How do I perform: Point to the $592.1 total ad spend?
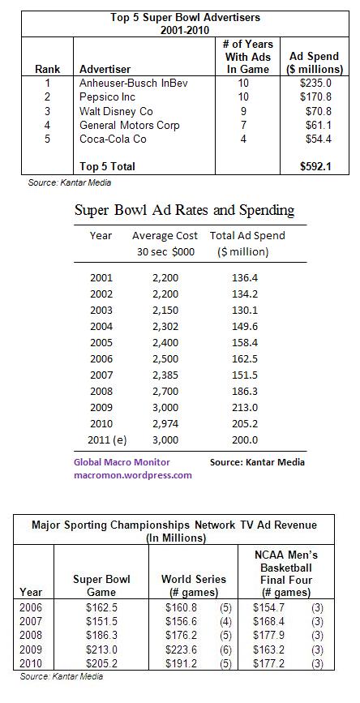click(x=316, y=166)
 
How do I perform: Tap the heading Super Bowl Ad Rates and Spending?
click(x=184, y=211)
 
